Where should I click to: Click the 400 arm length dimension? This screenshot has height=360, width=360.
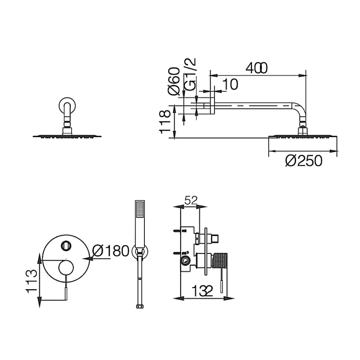click(256, 68)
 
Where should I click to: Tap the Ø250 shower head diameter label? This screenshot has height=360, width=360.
click(304, 161)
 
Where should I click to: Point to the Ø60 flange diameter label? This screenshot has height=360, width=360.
click(174, 81)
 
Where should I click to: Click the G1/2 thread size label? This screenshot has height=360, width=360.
click(190, 75)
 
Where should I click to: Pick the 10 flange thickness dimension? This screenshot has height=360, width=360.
click(230, 84)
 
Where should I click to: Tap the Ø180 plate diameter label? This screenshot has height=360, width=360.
click(111, 251)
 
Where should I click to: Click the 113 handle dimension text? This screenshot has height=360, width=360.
click(31, 282)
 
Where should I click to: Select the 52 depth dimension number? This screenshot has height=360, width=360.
click(191, 201)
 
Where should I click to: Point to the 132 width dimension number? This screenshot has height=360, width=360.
click(202, 291)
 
